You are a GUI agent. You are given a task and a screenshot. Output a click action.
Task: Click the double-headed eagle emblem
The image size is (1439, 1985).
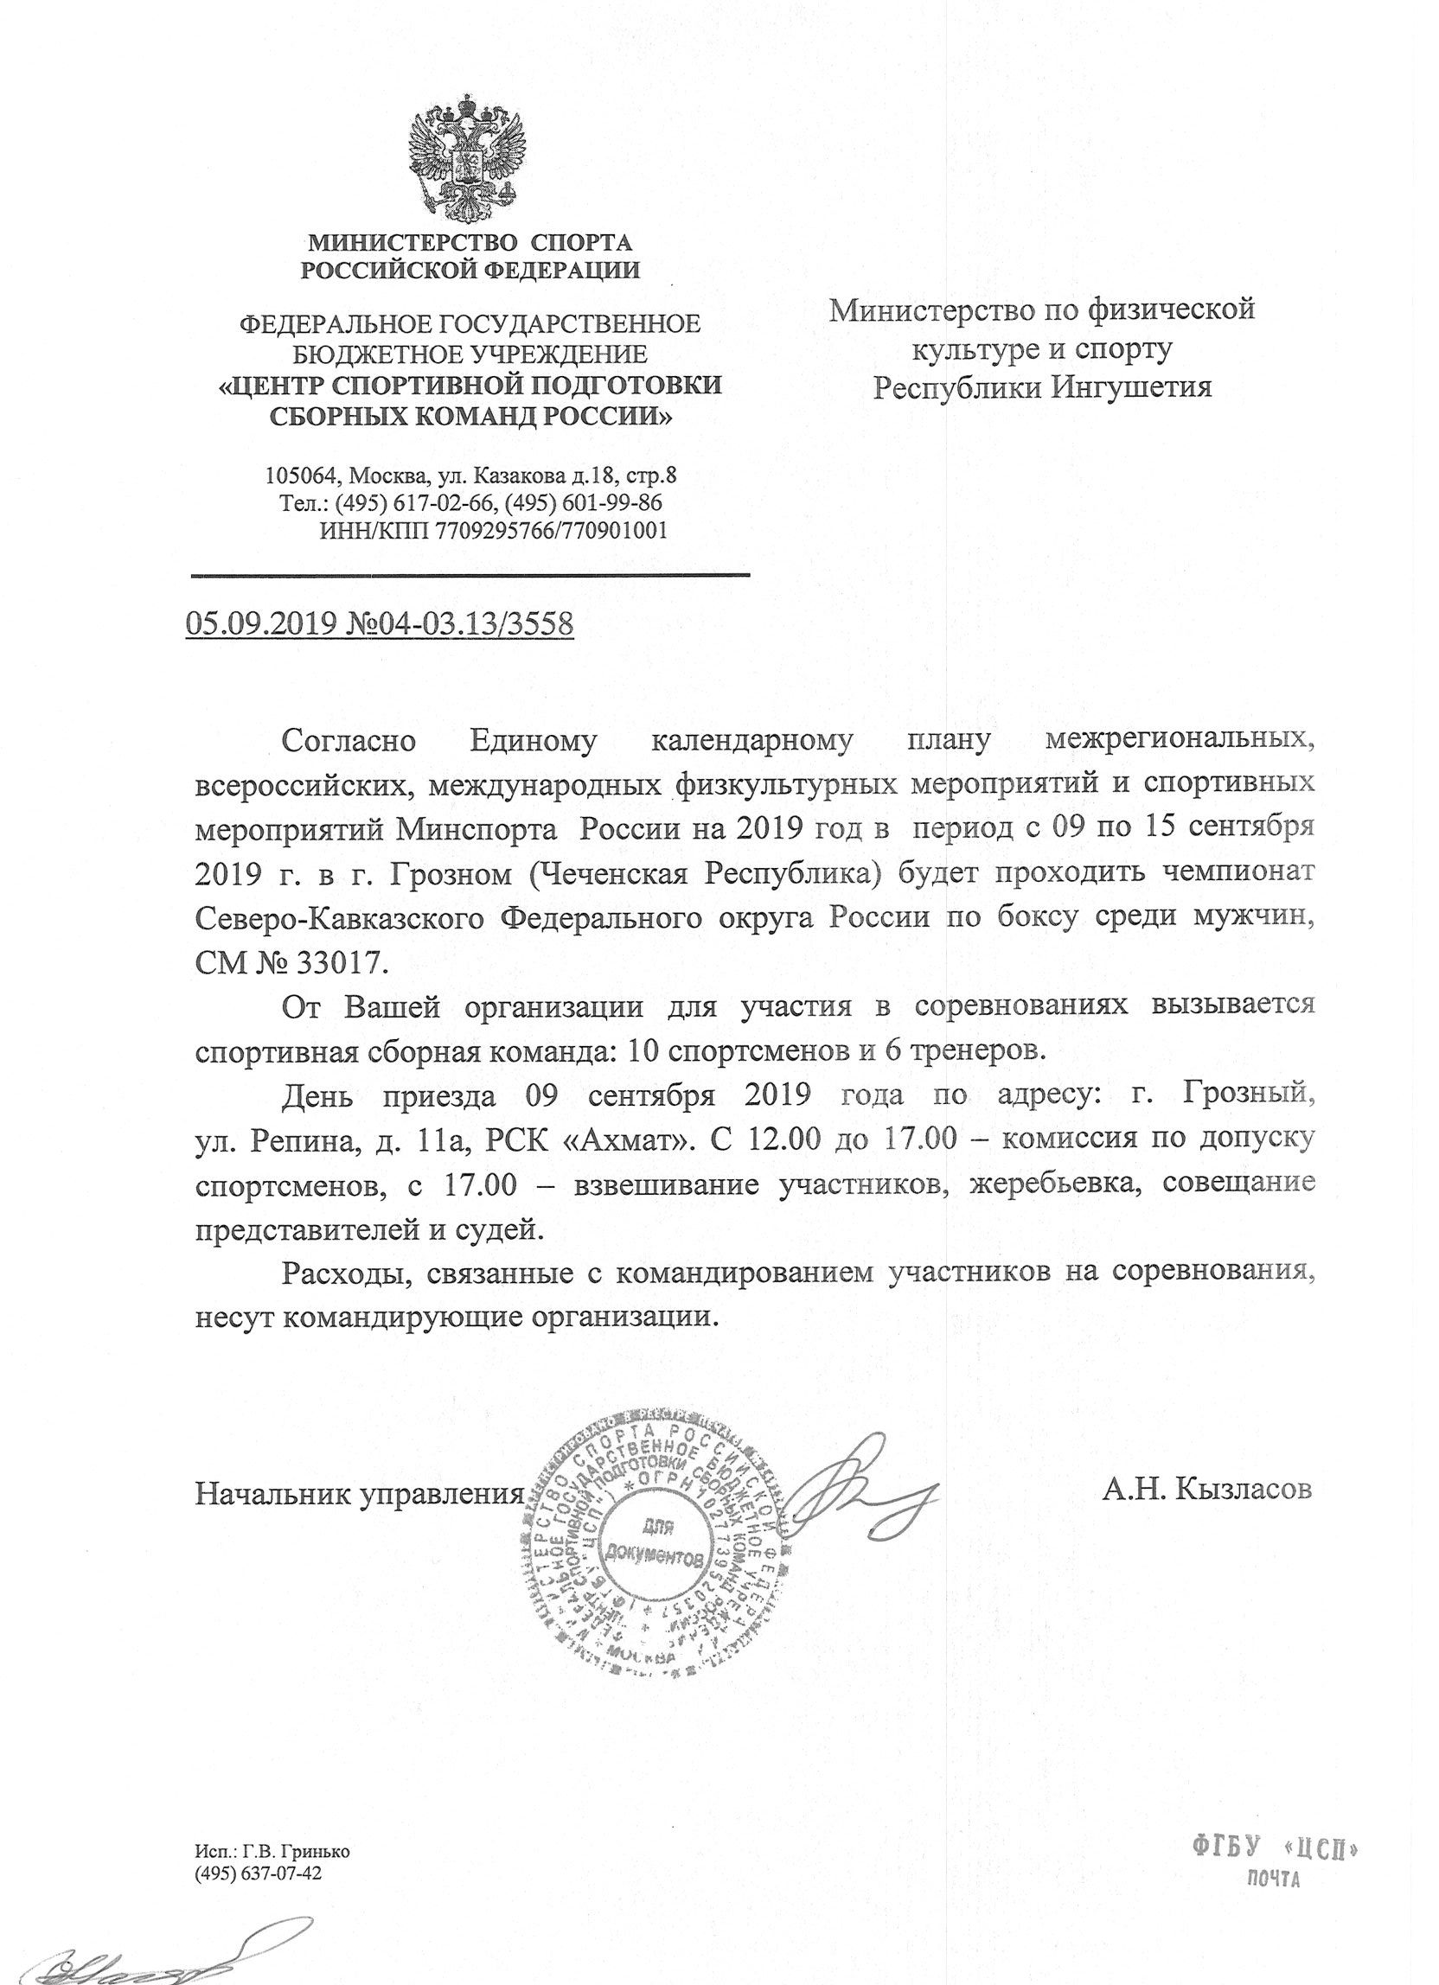pos(469,159)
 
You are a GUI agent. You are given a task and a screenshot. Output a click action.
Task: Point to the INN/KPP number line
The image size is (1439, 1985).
pos(494,529)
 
